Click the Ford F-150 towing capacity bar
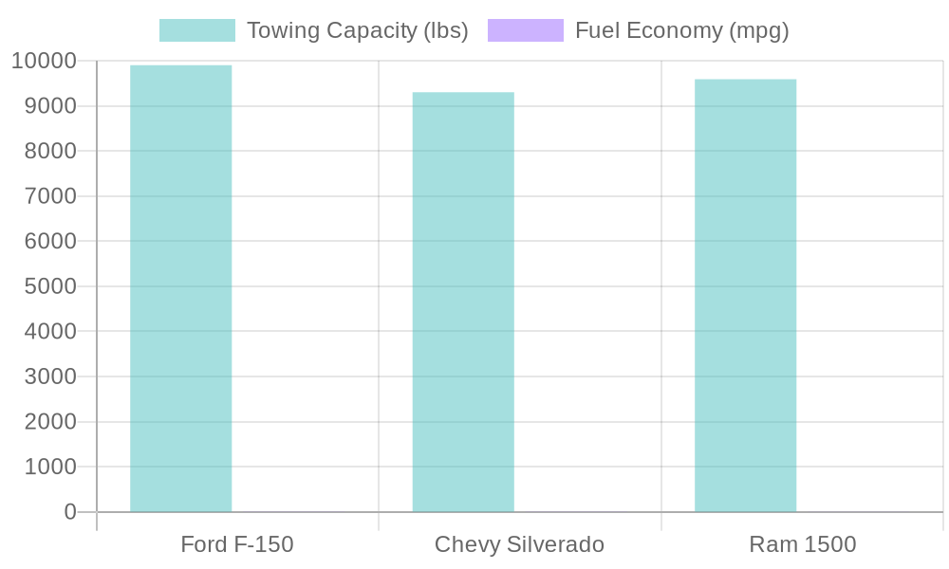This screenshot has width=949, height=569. [180, 288]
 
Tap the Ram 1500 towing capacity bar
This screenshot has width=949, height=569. [745, 295]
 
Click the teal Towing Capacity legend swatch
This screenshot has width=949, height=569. [196, 30]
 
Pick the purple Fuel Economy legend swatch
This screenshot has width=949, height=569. [525, 30]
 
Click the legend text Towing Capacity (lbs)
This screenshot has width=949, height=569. [357, 30]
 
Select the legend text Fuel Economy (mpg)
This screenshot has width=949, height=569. [681, 30]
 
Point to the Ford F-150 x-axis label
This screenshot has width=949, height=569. [237, 544]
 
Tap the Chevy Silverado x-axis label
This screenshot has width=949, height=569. [519, 544]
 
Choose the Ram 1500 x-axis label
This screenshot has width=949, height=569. [802, 544]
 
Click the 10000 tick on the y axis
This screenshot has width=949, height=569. [44, 61]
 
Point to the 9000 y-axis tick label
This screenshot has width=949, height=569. [49, 106]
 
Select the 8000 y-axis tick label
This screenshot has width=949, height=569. [49, 151]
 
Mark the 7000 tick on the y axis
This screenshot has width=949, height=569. [49, 196]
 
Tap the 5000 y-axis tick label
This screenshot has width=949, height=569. [49, 286]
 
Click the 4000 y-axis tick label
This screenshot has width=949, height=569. [49, 331]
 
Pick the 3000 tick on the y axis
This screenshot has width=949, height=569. [49, 376]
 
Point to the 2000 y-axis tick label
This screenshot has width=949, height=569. [49, 421]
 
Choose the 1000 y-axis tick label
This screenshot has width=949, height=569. [49, 467]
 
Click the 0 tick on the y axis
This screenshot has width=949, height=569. [70, 512]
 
